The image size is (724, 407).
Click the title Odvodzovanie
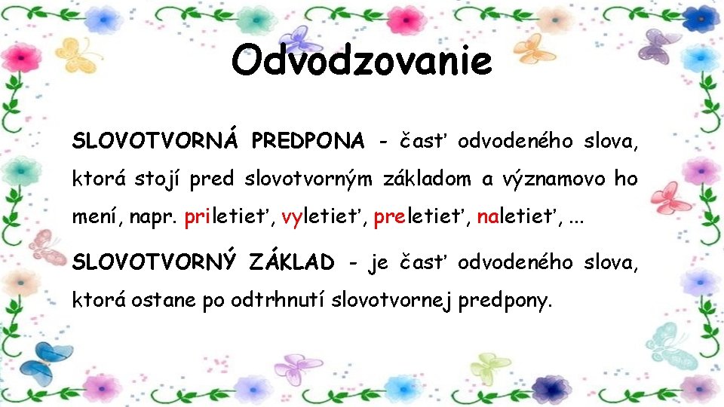click(x=361, y=61)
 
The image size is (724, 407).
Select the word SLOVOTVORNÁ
click(x=155, y=140)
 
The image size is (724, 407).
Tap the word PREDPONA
click(x=308, y=140)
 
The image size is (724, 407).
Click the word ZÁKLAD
click(x=291, y=262)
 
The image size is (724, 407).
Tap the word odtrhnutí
click(x=269, y=301)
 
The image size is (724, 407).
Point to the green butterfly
click(x=490, y=369)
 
